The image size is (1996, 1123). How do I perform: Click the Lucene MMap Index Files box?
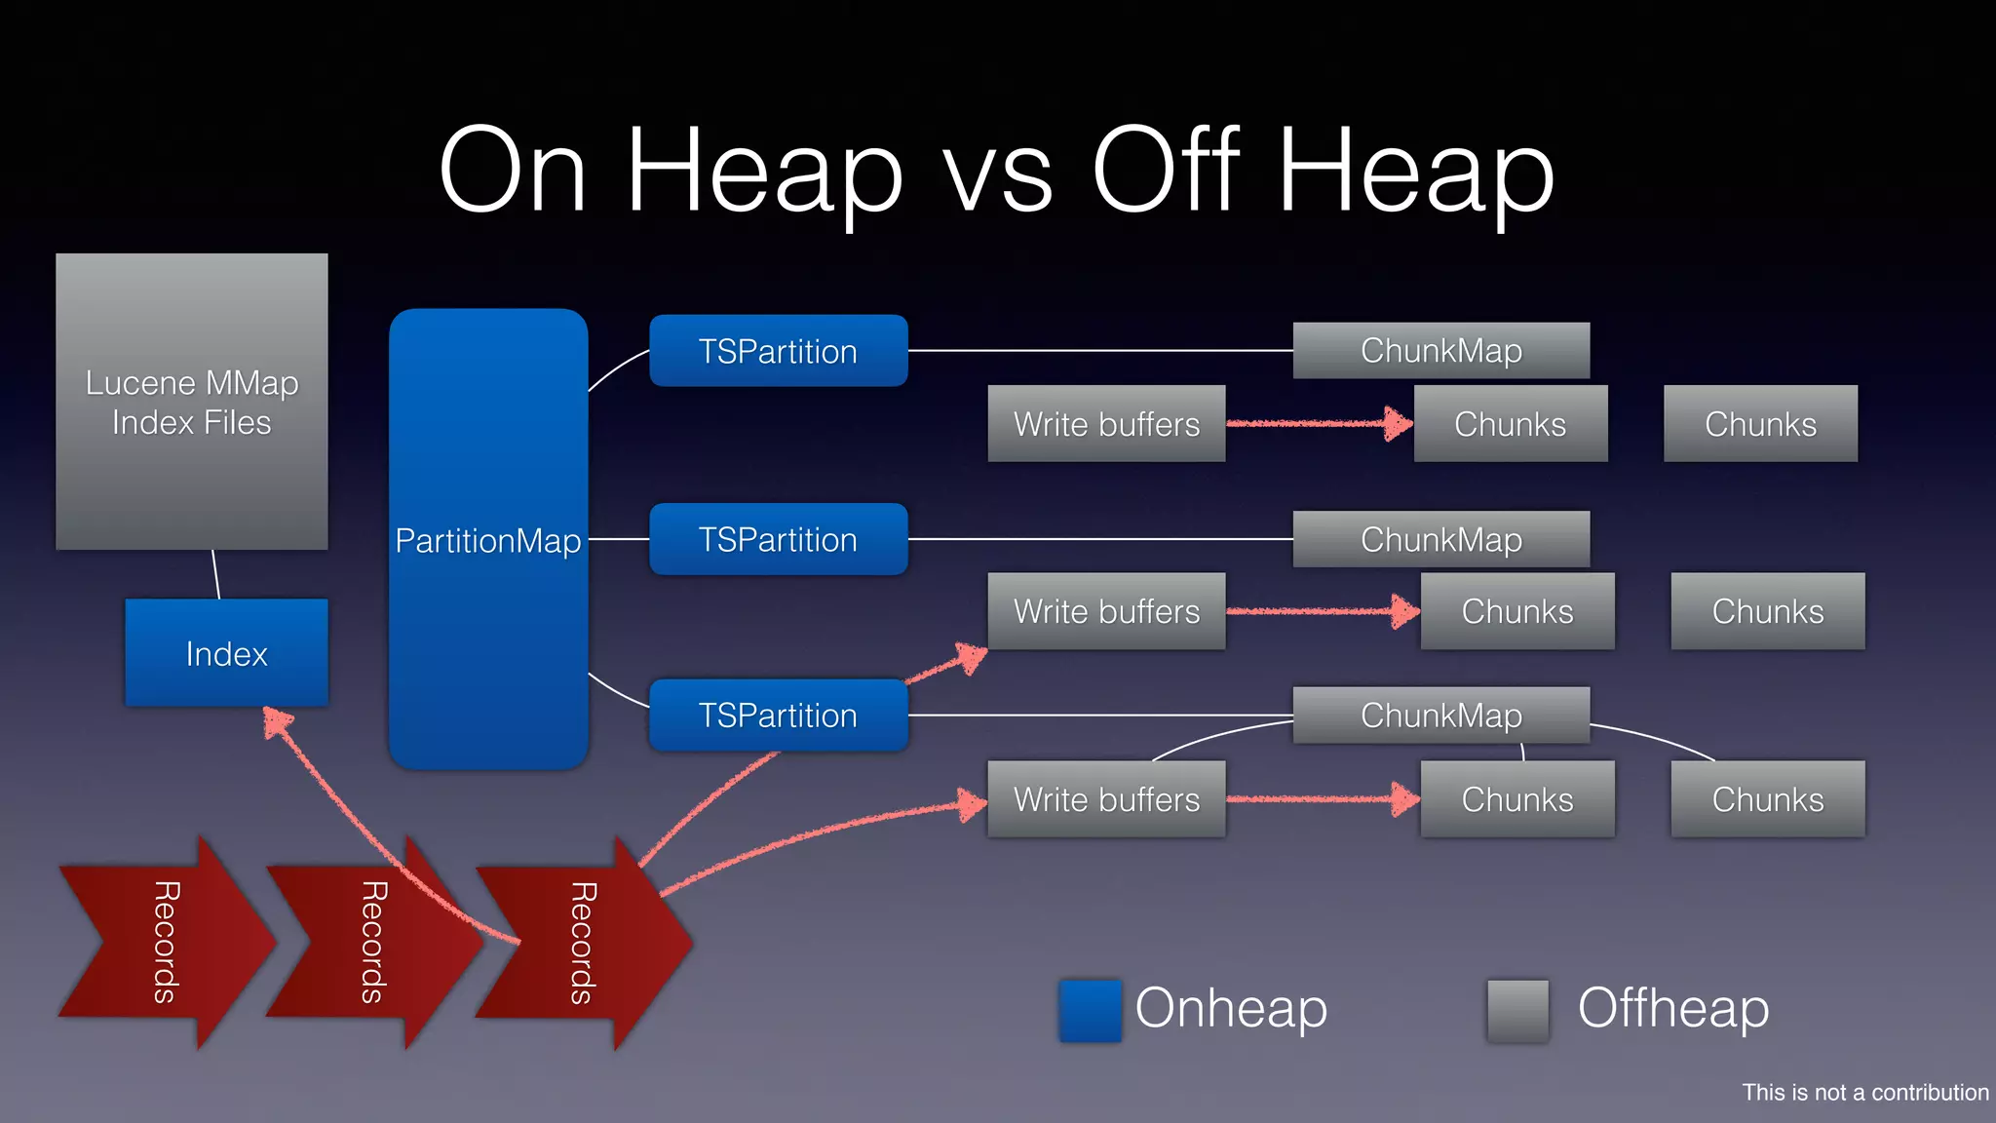[191, 402]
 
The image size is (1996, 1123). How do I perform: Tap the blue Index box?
[226, 653]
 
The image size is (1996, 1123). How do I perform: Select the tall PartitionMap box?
[488, 539]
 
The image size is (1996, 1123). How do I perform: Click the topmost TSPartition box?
[778, 351]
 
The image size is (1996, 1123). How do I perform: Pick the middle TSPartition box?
[778, 539]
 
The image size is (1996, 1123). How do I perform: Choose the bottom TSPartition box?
[778, 716]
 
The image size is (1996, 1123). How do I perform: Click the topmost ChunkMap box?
[1440, 351]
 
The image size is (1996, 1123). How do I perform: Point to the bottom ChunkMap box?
[1440, 716]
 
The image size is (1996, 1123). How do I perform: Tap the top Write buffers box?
[1106, 424]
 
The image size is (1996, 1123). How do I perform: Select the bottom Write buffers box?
[1106, 799]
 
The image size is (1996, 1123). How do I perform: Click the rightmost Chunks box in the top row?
[1760, 424]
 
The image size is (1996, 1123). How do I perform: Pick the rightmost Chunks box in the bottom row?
[1767, 799]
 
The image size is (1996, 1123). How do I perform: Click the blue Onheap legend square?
[1090, 1011]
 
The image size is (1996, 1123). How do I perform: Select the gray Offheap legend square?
[1517, 1011]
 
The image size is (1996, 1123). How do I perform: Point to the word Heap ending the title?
[1415, 174]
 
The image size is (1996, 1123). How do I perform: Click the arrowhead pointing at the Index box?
[277, 722]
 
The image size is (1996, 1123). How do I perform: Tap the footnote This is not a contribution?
[1864, 1093]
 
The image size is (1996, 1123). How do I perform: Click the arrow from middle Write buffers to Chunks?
[1321, 611]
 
